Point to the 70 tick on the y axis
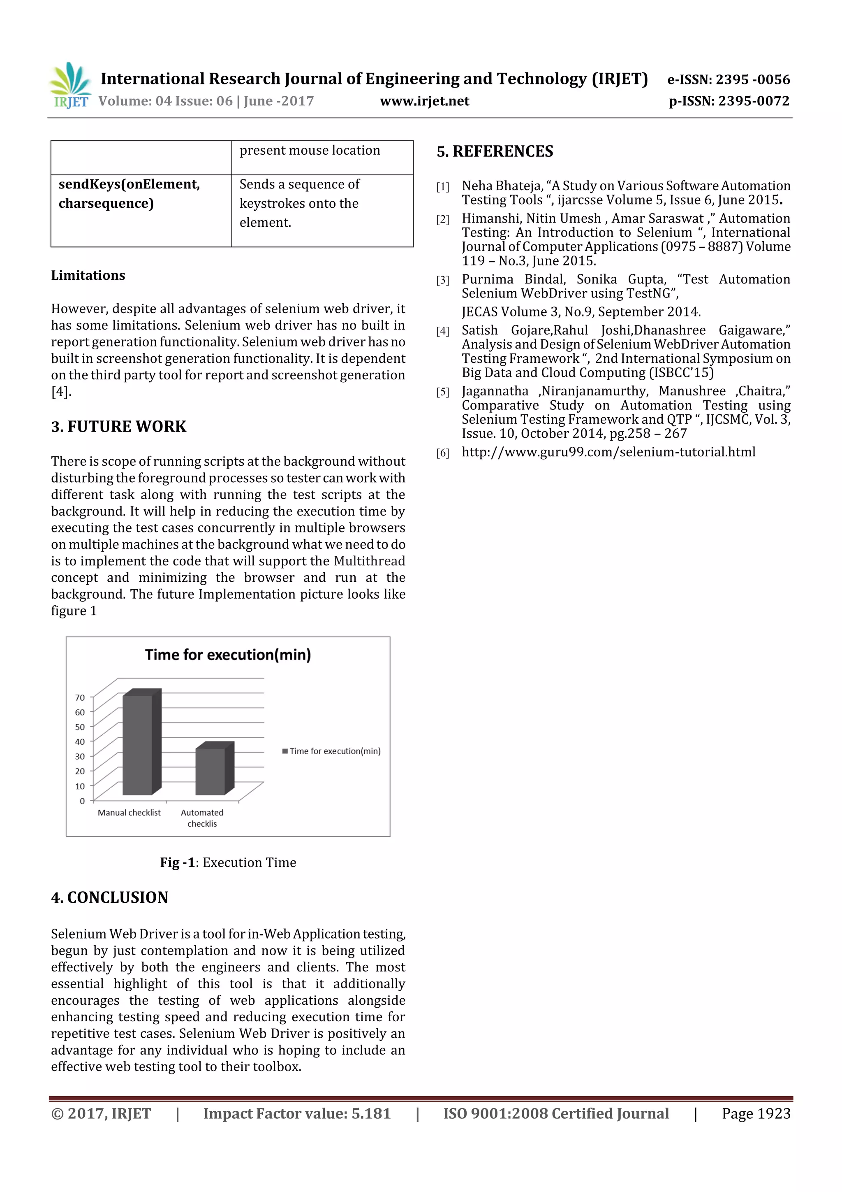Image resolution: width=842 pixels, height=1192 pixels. pos(79,698)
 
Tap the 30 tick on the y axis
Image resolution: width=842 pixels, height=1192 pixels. pos(79,756)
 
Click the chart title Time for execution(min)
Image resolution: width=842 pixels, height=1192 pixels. pos(228,655)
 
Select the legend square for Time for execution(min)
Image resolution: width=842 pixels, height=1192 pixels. pos(285,751)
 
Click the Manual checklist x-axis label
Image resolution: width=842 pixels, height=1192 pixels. pos(129,813)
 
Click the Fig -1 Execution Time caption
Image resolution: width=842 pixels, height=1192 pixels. pos(228,862)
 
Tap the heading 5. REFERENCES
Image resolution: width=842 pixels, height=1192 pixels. pos(495,151)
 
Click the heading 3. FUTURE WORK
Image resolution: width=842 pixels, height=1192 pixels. pos(118,426)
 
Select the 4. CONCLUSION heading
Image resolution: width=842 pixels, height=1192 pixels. pos(109,897)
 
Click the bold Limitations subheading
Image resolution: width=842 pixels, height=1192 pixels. pos(88,275)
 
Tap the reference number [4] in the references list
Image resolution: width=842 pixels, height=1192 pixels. pos(442,331)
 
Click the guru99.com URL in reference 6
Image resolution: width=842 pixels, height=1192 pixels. pos(608,452)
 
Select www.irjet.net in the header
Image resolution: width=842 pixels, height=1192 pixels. pos(424,101)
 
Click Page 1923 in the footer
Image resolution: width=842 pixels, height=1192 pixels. pos(756,1113)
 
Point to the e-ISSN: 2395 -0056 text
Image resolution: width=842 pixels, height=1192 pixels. pos(729,79)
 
